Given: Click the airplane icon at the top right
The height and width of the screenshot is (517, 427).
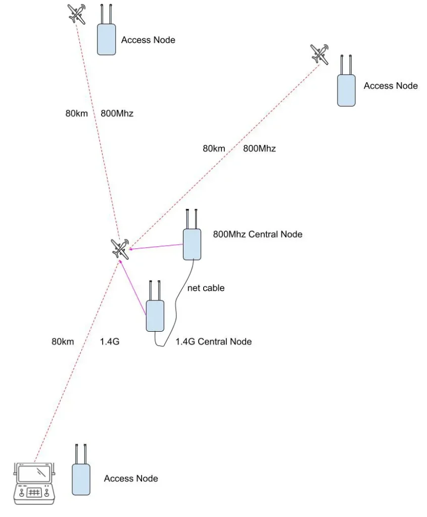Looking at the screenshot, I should (x=319, y=54).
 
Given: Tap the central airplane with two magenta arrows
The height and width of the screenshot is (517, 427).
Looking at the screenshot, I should (x=120, y=248).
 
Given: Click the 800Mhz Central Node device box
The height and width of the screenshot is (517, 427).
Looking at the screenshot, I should (x=192, y=244).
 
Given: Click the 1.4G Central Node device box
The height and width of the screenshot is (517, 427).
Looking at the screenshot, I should (x=155, y=315).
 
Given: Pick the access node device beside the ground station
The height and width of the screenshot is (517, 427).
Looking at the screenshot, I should (x=81, y=479).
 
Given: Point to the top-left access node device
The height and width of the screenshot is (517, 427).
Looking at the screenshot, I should (x=107, y=39).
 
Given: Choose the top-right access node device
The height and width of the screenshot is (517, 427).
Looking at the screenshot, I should (x=346, y=90).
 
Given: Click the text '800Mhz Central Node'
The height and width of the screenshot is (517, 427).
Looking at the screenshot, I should (x=258, y=234).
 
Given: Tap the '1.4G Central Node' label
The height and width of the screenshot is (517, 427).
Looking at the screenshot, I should (x=213, y=341).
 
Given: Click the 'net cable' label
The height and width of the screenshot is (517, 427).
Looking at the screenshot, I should (x=206, y=288).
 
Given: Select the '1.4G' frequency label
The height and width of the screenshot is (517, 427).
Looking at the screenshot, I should (x=109, y=341).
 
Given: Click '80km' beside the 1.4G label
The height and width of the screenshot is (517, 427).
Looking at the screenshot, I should (x=63, y=341).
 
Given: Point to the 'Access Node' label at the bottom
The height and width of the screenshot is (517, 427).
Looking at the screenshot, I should (x=131, y=478).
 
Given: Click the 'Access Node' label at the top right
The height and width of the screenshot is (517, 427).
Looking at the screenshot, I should (x=391, y=86).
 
